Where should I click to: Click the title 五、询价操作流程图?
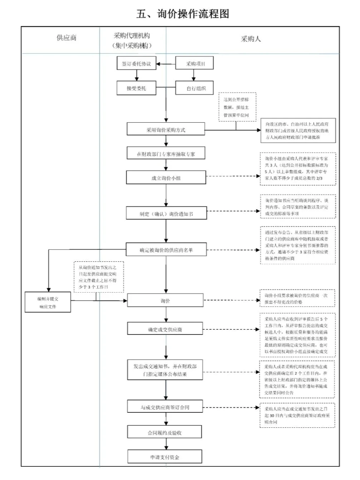182,14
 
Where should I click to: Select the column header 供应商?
66,38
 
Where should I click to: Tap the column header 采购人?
251,39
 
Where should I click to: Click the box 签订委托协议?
136,64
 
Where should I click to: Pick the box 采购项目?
195,64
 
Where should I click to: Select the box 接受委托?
136,88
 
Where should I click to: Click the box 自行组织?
196,88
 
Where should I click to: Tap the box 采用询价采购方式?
166,129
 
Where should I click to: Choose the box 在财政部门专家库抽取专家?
166,154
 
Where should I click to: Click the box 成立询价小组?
166,178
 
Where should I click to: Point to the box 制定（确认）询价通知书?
166,214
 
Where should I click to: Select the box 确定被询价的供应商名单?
166,250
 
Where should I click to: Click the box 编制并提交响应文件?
48,302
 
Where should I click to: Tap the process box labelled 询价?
165,300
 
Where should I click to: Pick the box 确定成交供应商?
165,329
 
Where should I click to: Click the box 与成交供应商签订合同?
165,407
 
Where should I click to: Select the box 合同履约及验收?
165,432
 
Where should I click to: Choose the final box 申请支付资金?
165,457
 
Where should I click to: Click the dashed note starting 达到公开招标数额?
237,107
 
